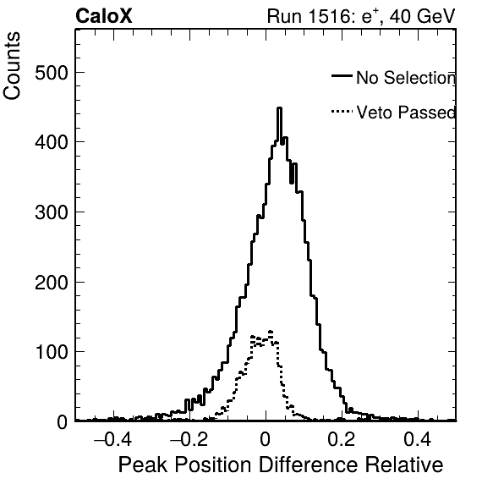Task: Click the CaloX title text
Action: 103,16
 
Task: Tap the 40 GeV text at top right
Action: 423,16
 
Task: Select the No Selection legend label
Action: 406,78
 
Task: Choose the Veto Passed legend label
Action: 406,113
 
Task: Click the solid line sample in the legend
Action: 342,76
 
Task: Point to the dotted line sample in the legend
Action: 342,112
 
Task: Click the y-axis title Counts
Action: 12,66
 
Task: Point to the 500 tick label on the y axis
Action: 52,73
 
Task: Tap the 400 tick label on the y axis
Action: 52,142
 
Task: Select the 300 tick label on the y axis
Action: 52,212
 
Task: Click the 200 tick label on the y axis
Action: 52,283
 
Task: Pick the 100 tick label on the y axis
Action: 52,352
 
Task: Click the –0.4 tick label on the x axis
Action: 112,439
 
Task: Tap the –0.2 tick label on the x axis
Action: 189,439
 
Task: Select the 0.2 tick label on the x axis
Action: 342,439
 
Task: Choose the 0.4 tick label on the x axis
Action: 418,439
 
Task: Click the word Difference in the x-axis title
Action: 308,465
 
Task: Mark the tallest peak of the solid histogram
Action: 279,108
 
